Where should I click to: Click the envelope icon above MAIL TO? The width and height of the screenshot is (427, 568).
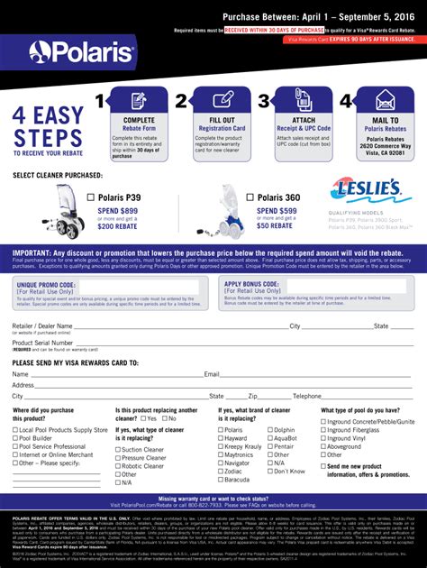(x=386, y=100)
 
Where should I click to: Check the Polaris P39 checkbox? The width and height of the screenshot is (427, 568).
(x=90, y=195)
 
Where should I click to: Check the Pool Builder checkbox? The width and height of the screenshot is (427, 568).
(x=14, y=438)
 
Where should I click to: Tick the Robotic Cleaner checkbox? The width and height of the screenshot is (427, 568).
(x=118, y=465)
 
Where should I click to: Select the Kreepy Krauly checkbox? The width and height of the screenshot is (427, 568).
(x=221, y=446)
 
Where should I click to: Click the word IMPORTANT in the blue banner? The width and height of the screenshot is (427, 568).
(x=36, y=253)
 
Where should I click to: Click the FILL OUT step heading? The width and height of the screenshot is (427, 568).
(x=221, y=120)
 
